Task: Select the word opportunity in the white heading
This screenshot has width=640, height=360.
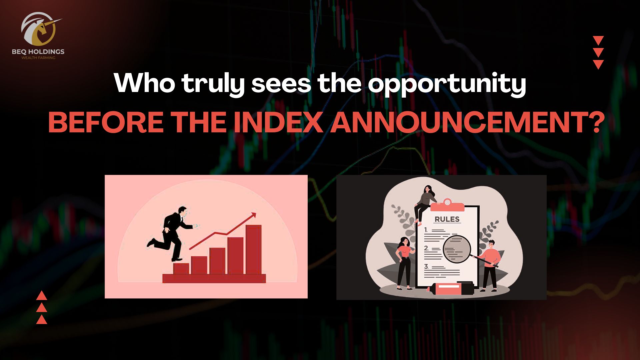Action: pos(447,84)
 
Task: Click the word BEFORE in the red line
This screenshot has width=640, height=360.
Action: pos(106,122)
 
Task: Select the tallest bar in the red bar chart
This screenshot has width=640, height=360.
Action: pos(253,250)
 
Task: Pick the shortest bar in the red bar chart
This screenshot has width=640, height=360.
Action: pos(181,269)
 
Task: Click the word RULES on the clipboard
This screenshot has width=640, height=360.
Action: pos(447,219)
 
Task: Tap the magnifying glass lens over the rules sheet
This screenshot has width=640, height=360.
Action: pos(456,249)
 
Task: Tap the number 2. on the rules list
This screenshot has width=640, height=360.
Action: pos(426,248)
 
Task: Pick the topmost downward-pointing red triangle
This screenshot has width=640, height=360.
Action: pos(598,41)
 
